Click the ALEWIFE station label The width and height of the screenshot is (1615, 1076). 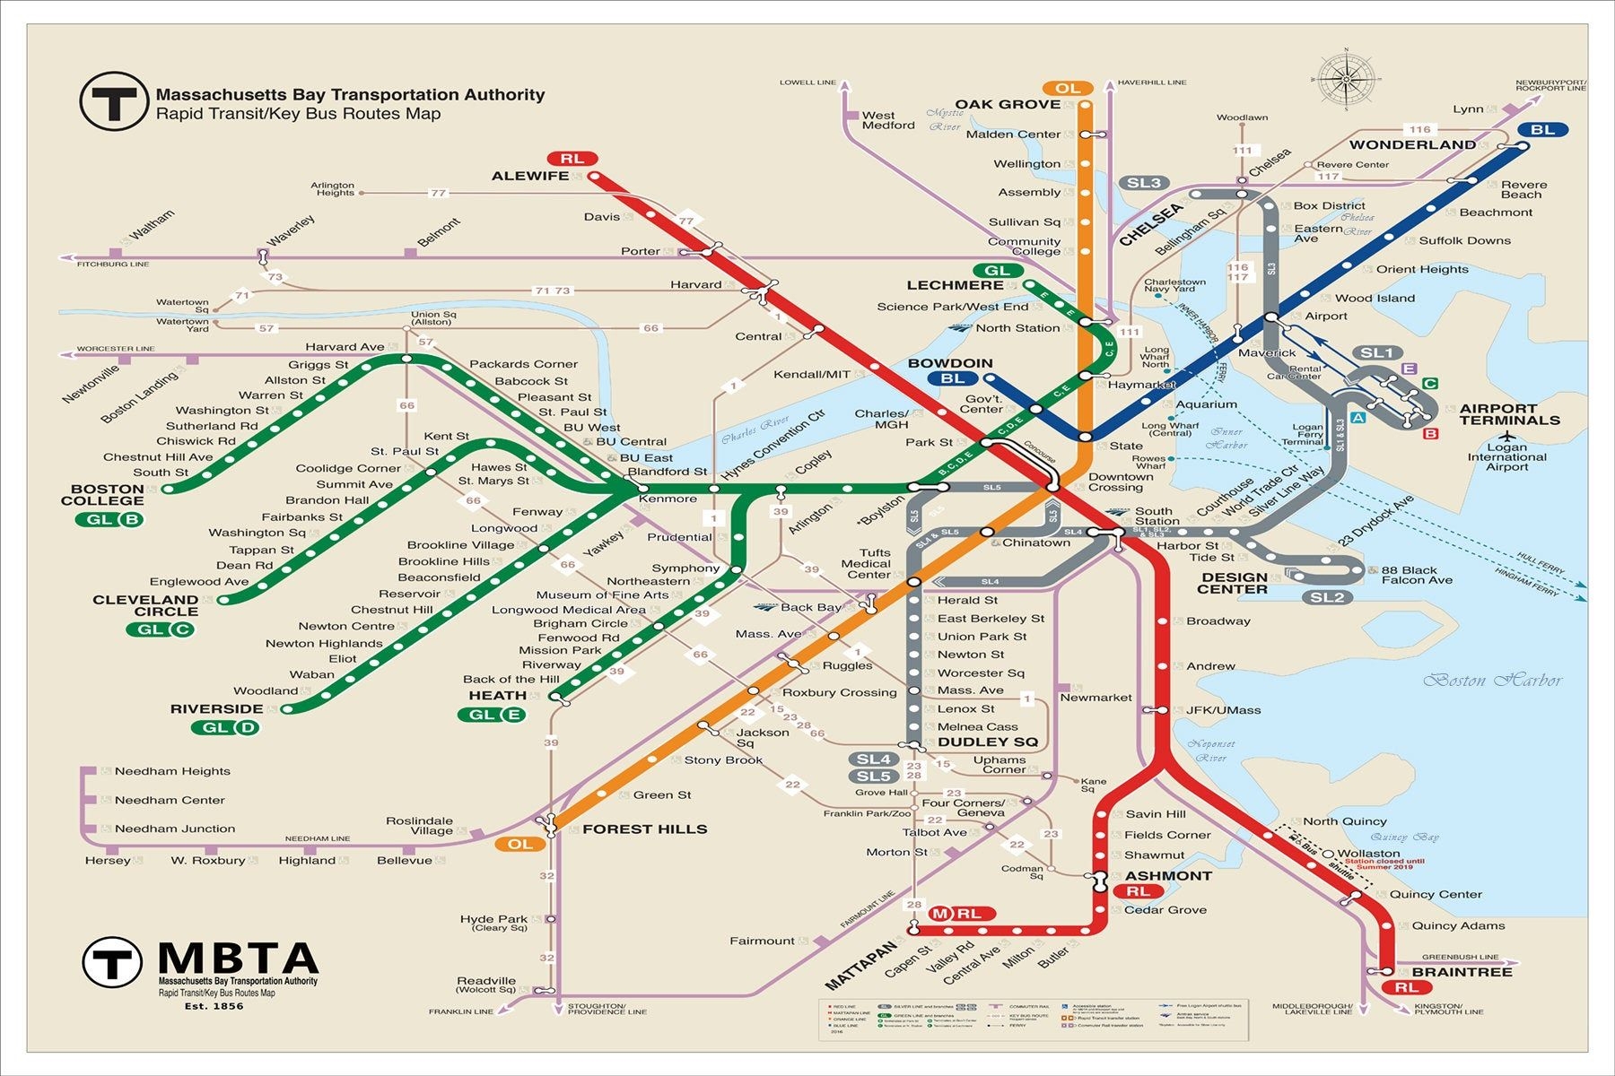[x=529, y=176]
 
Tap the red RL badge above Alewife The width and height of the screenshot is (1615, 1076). [x=572, y=159]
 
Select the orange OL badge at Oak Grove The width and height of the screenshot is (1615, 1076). [x=1067, y=88]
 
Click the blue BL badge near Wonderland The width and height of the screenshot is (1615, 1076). [x=1542, y=130]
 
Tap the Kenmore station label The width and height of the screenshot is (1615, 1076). [x=668, y=499]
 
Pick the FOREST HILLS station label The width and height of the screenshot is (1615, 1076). [x=644, y=829]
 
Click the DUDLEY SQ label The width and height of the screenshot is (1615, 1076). [x=987, y=742]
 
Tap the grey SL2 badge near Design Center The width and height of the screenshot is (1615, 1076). [x=1326, y=598]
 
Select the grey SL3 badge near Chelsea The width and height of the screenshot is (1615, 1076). [x=1143, y=183]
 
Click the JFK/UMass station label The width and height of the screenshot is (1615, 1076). [x=1223, y=710]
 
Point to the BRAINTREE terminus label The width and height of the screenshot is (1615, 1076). [x=1462, y=972]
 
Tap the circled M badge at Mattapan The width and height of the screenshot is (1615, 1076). [x=939, y=914]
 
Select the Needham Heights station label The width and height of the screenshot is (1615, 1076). [x=172, y=771]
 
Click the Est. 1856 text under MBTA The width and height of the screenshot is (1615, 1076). [x=214, y=1006]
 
